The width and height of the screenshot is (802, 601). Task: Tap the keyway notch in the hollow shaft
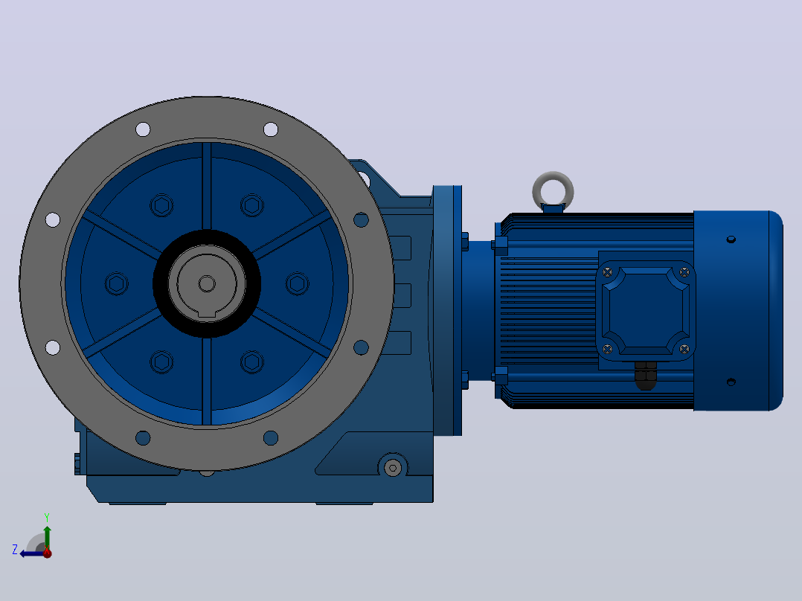tap(207, 314)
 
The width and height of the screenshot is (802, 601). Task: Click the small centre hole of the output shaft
tap(207, 283)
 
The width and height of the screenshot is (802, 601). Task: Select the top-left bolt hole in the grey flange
tap(143, 129)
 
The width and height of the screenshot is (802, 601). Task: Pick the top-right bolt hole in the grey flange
tap(271, 129)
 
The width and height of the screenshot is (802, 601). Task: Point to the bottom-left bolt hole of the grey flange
tap(143, 438)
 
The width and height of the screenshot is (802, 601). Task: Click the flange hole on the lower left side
tap(53, 347)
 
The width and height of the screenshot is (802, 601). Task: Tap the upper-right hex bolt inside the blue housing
tap(251, 205)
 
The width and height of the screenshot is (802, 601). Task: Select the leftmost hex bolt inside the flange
tap(117, 284)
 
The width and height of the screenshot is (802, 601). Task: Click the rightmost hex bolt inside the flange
tap(297, 284)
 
